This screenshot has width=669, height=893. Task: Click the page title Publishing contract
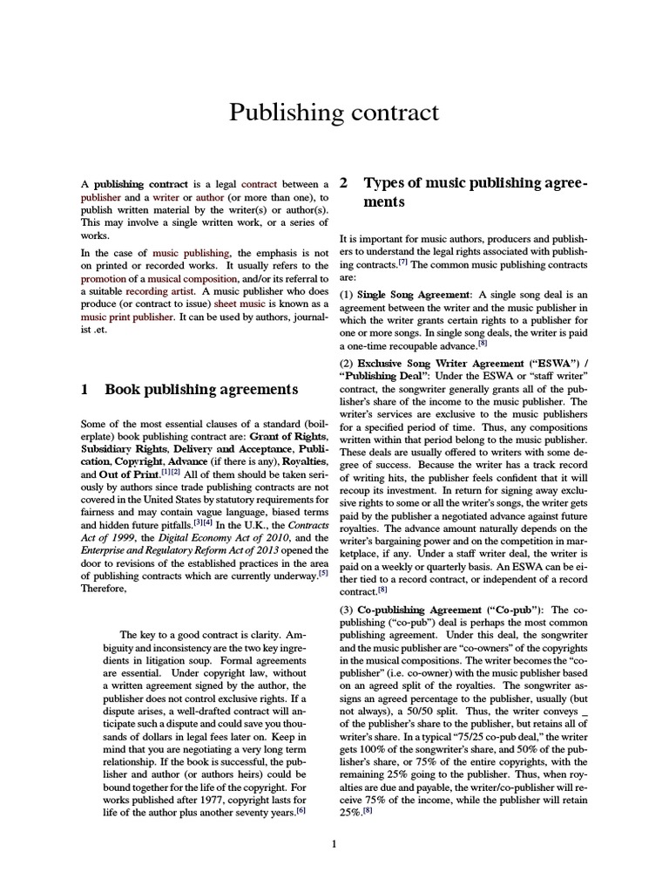(x=334, y=112)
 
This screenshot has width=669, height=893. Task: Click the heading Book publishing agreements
(x=201, y=389)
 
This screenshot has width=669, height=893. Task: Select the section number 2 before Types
(x=344, y=182)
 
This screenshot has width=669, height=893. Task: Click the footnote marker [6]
(x=301, y=810)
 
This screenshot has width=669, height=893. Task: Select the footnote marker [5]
(x=323, y=573)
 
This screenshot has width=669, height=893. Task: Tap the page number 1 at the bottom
(x=334, y=843)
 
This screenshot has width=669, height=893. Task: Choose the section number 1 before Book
(x=84, y=389)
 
